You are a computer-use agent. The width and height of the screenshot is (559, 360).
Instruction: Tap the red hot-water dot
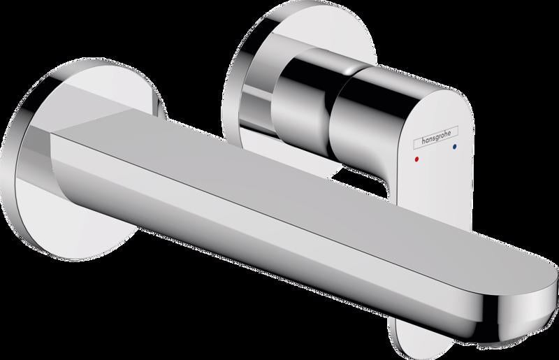418,159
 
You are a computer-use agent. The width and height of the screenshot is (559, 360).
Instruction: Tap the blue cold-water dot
455,146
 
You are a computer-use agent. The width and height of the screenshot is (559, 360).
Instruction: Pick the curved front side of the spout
249,229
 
